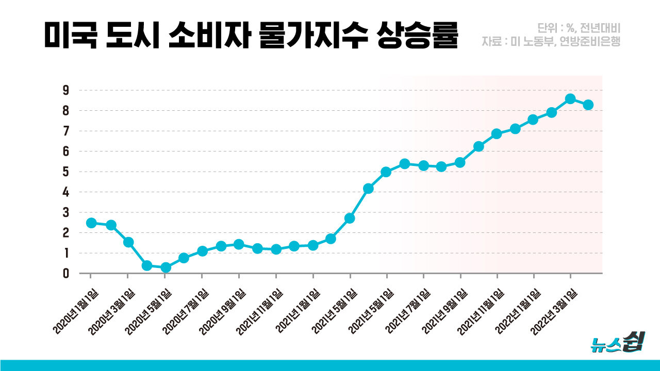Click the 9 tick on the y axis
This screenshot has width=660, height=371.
66,90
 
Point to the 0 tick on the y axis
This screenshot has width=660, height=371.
66,273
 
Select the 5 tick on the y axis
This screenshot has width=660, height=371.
66,172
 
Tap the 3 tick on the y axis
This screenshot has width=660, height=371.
66,212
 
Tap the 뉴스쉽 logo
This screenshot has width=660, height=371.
616,343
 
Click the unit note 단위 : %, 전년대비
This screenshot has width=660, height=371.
578,28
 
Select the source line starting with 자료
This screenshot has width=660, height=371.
551,41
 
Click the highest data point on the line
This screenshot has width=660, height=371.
570,98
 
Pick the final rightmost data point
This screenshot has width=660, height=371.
588,105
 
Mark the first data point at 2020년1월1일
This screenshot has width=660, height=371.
91,223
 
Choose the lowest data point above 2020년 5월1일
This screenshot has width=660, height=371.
165,267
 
